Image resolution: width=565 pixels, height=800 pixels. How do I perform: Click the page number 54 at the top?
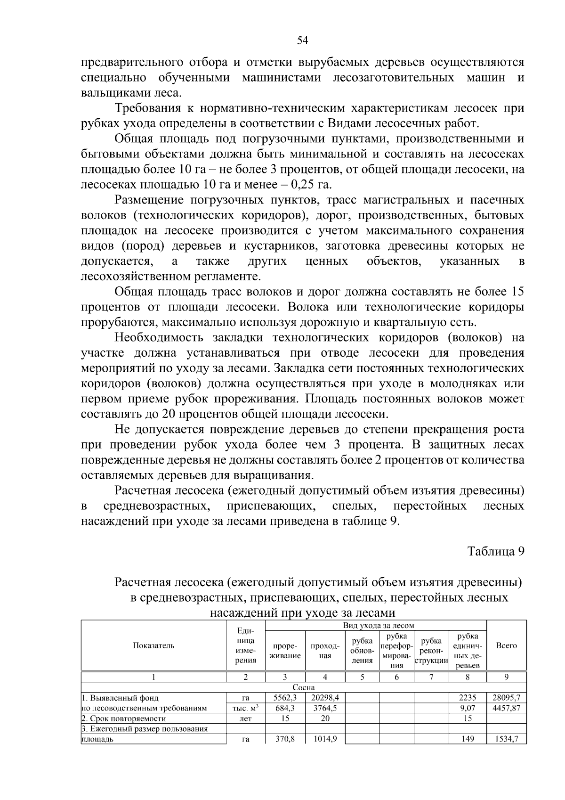click(303, 41)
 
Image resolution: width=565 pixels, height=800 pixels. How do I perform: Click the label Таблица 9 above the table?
click(496, 551)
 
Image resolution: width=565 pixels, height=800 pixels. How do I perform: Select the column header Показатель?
click(153, 645)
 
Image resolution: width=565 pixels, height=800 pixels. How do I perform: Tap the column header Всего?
click(506, 645)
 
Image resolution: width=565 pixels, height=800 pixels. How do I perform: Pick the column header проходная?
click(325, 651)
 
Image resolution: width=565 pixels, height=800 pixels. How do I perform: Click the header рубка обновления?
click(362, 651)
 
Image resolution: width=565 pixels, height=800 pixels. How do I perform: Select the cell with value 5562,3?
click(285, 698)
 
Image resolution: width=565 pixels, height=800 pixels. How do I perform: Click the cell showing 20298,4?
click(325, 698)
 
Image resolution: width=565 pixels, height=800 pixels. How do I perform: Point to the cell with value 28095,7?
click(506, 698)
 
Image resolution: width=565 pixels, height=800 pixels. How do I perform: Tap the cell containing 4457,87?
click(506, 708)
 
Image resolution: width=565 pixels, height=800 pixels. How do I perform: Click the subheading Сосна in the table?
click(304, 687)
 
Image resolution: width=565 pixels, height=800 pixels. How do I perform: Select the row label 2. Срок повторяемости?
click(123, 718)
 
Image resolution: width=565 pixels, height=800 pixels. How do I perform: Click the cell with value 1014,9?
click(325, 739)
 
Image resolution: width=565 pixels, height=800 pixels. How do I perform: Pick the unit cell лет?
click(245, 718)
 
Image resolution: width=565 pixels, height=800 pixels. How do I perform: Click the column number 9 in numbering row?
click(506, 677)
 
